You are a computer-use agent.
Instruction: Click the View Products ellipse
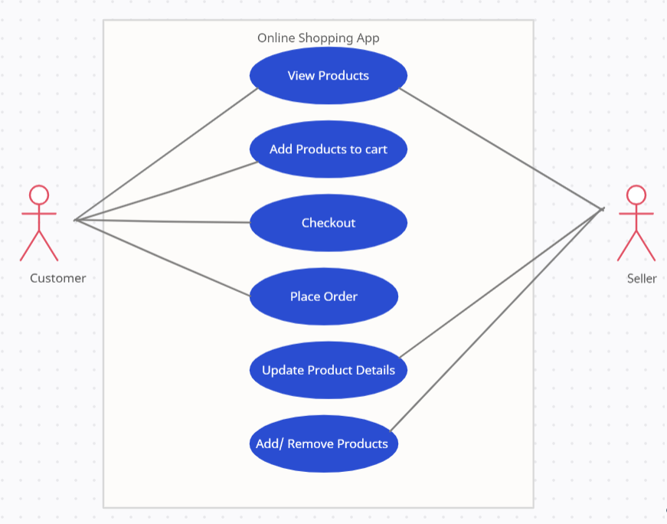328,76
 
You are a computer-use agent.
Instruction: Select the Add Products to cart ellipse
328,149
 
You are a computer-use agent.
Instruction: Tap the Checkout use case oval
328,223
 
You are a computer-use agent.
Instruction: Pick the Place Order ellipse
323,296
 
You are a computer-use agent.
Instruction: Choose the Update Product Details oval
328,370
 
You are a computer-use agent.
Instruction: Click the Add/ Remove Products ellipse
323,444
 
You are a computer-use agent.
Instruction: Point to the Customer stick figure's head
39,195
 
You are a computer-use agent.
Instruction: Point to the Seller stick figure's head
636,195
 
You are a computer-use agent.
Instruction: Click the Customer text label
57,278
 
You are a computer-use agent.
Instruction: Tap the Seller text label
641,278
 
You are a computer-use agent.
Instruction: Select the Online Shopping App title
318,38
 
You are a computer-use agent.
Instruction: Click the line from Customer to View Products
166,154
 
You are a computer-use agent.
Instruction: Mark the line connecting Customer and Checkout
162,221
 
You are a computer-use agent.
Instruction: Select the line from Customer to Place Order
162,258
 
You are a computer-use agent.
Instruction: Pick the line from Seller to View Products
502,148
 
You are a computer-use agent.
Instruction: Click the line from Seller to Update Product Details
502,282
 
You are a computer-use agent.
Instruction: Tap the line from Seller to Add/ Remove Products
498,319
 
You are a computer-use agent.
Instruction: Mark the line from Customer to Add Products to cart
166,191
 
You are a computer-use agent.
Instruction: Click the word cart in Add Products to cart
375,149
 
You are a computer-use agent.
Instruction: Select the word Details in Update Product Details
374,370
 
